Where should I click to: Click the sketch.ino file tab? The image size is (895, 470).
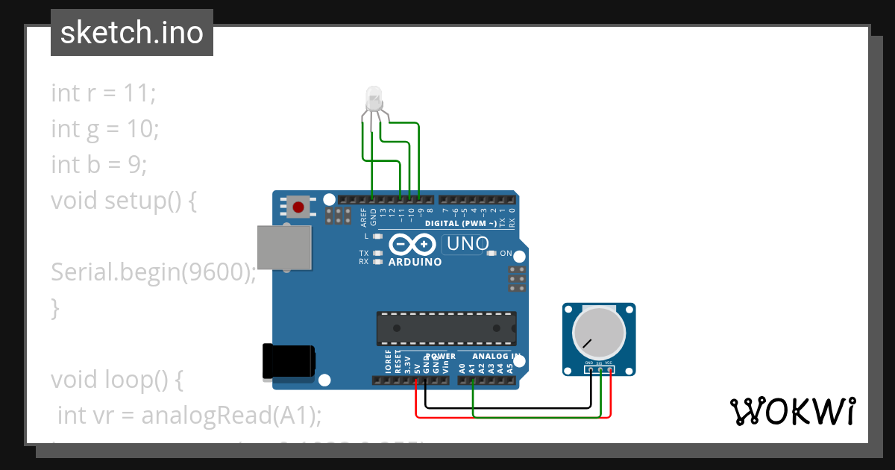point(132,33)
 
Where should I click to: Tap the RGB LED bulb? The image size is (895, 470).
point(373,96)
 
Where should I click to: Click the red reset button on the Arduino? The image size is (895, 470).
point(299,207)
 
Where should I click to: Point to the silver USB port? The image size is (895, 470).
point(284,247)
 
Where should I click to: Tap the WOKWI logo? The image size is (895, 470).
point(792,411)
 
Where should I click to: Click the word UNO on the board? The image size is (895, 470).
point(466,243)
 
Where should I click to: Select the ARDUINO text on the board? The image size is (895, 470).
point(415,262)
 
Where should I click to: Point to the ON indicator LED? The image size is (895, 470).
point(492,254)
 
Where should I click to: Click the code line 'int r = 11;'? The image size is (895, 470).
point(103,94)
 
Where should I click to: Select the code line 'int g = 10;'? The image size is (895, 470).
point(104,129)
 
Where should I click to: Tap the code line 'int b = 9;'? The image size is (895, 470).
point(98,164)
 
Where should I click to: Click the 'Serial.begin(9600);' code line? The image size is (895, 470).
point(153,272)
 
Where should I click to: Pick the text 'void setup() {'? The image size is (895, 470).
point(123,201)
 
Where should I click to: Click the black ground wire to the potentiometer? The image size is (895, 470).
point(507,408)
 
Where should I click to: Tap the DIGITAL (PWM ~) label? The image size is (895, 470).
point(460,224)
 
